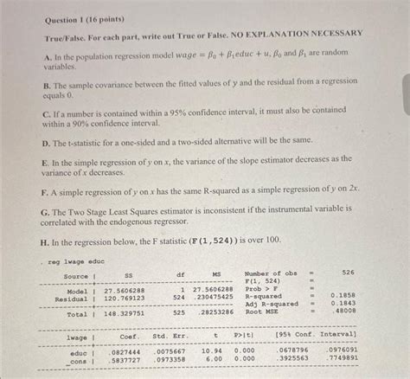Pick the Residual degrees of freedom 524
[x=179, y=299]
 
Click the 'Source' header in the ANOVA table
[x=75, y=276]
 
